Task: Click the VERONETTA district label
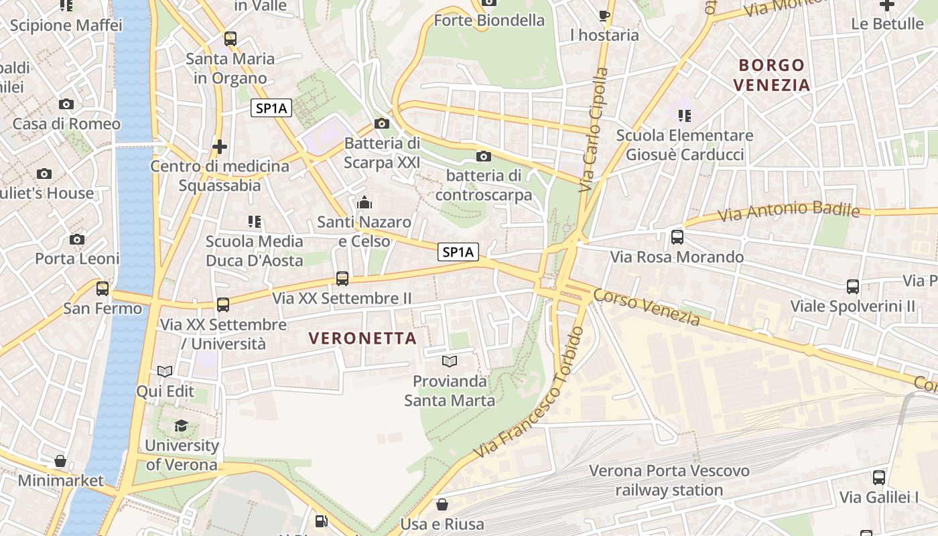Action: pos(363,338)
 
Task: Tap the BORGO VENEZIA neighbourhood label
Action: pos(771,75)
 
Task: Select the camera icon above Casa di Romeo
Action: pos(66,104)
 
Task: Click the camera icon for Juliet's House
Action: pos(44,174)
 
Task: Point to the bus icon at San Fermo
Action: pos(103,289)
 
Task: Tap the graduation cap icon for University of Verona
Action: pos(181,426)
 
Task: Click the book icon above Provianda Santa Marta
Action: pos(449,362)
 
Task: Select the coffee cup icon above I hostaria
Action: pos(604,15)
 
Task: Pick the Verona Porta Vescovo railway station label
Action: pos(669,480)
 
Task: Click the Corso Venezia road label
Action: pos(647,308)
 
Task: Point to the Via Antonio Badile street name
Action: pos(789,212)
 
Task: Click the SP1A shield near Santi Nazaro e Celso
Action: pos(459,252)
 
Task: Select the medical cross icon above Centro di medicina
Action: pos(219,146)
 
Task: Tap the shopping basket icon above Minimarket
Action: pos(60,461)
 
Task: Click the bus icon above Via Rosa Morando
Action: pos(677,237)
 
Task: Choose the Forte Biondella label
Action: pos(489,20)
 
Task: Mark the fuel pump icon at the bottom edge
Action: pos(322,521)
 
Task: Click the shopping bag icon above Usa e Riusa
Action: pos(442,504)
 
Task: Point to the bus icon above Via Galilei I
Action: pos(879,478)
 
